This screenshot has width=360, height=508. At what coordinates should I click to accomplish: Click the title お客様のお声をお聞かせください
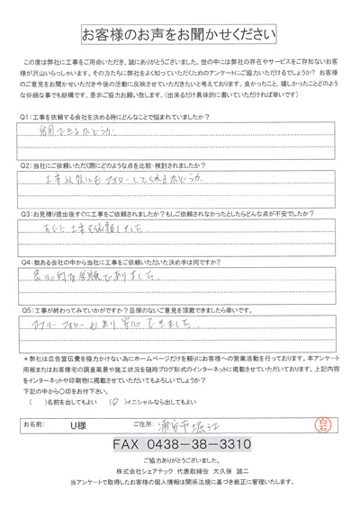point(179,37)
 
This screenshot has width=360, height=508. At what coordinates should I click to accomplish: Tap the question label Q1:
point(24,116)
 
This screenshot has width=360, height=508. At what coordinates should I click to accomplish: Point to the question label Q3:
point(24,214)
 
